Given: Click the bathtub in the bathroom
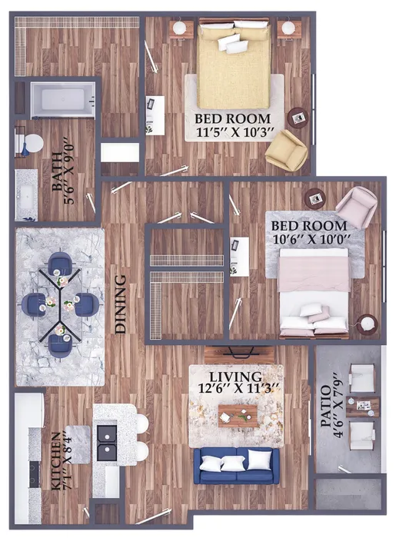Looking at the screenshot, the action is click(63, 100).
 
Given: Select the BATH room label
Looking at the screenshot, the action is click(58, 171).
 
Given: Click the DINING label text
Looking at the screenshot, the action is click(120, 304).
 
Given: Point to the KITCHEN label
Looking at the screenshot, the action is click(56, 461).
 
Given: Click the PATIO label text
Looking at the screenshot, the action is click(326, 407).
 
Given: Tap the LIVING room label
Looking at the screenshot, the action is click(235, 377).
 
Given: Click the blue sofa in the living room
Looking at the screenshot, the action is click(236, 465).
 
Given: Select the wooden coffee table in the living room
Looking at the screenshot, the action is click(238, 416).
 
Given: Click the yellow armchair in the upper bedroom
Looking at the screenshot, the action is click(287, 150).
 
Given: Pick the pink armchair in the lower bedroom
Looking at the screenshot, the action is click(356, 207).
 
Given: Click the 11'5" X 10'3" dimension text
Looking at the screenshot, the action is click(235, 132).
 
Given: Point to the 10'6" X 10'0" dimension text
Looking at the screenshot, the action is click(311, 239).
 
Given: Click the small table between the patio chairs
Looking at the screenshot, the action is click(362, 407).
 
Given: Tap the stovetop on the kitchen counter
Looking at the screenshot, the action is click(35, 474).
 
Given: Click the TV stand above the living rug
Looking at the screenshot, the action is click(239, 355).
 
